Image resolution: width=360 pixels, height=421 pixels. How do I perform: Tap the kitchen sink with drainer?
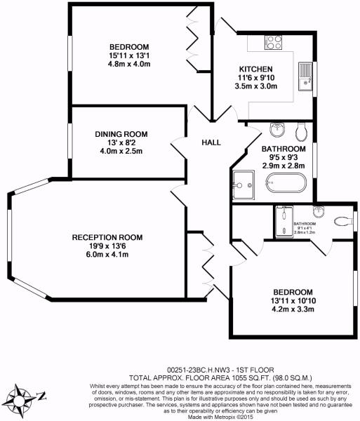point(305,77)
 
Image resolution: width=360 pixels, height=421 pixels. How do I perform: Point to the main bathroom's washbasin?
point(276,130)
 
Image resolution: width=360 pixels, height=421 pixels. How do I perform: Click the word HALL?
point(211,143)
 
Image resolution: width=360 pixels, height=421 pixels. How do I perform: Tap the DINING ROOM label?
point(121,134)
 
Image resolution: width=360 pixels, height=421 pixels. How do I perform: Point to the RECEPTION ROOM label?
point(107,237)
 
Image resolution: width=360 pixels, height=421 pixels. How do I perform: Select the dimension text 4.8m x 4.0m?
point(130,64)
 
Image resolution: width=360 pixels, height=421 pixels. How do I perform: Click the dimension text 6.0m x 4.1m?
point(107,255)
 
